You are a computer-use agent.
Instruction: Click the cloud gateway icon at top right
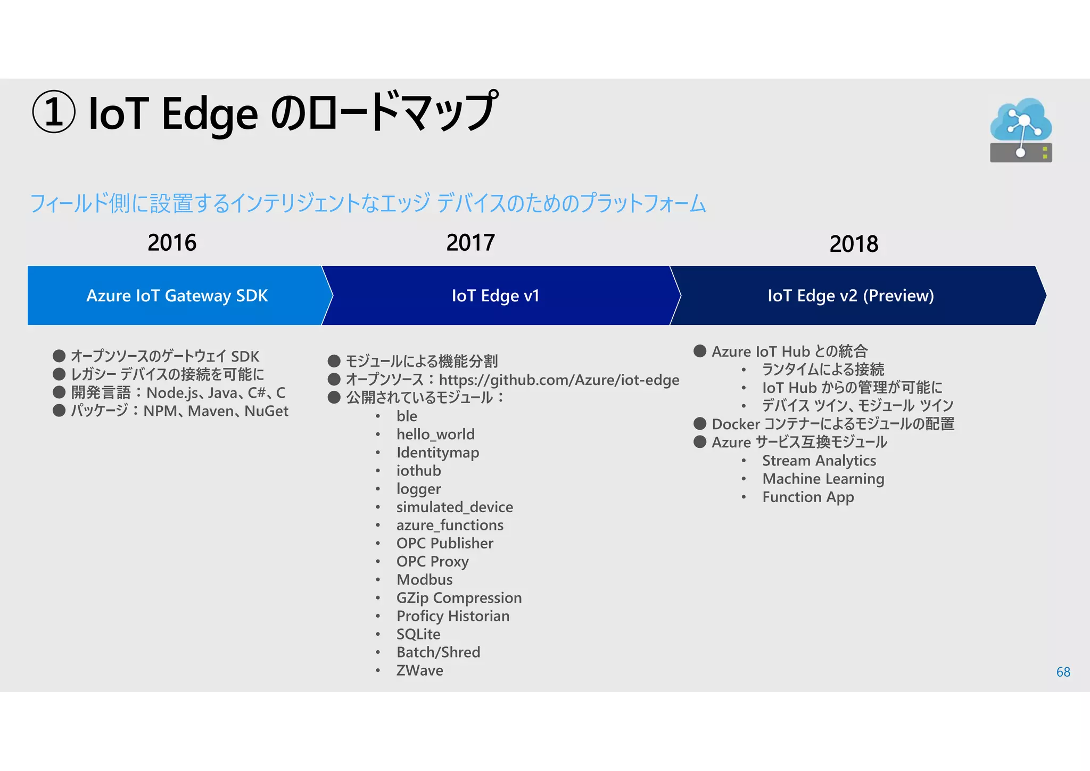point(1020,130)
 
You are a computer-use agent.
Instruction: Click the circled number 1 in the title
point(54,112)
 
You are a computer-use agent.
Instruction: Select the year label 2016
point(172,243)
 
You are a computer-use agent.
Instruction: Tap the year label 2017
point(470,243)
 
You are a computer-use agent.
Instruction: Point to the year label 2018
point(854,244)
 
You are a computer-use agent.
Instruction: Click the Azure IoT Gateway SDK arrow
point(177,296)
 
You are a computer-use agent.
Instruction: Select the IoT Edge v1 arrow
point(496,296)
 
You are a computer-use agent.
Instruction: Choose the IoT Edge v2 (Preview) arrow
point(850,296)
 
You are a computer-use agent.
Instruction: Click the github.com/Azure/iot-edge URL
point(559,380)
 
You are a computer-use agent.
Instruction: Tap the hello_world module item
point(435,434)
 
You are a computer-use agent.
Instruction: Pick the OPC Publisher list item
point(445,543)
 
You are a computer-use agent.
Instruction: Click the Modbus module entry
point(424,579)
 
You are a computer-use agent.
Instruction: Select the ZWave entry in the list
point(419,670)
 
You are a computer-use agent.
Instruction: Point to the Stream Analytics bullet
point(819,461)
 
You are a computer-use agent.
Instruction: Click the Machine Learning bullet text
point(823,479)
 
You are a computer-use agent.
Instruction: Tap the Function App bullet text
point(808,497)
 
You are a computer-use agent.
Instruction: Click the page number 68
point(1063,672)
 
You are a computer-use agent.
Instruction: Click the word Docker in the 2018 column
point(736,424)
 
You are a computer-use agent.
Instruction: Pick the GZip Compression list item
point(459,597)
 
